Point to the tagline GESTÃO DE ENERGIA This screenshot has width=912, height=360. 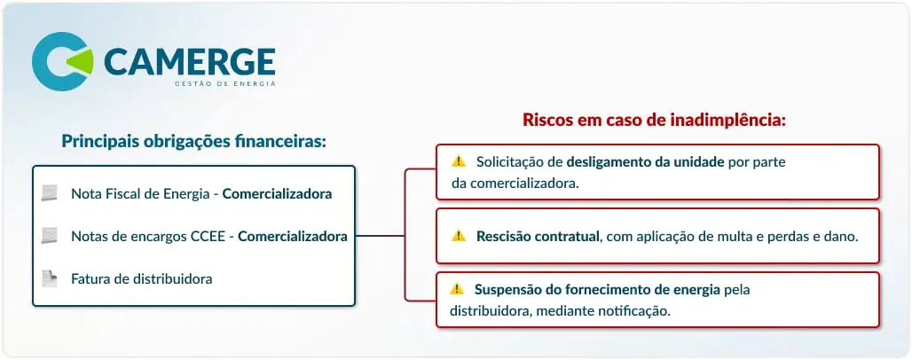[x=225, y=83]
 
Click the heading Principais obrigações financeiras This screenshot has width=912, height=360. [x=193, y=141]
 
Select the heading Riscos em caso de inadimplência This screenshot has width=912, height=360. [x=655, y=121]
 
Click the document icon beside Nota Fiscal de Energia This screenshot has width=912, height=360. [x=50, y=193]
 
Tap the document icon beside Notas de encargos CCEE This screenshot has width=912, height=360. [x=50, y=236]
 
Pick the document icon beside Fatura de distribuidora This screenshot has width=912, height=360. [x=50, y=278]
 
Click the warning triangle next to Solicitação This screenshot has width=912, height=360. [x=459, y=161]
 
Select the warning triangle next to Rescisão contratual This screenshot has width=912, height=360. [x=459, y=236]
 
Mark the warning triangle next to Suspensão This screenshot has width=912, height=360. [x=457, y=288]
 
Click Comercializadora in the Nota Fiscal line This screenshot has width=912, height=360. [x=277, y=193]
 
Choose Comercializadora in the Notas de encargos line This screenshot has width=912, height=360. [x=293, y=237]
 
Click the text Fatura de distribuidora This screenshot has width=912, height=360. [x=141, y=279]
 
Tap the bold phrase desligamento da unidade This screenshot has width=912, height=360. [x=645, y=161]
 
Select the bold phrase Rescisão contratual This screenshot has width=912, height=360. [x=538, y=237]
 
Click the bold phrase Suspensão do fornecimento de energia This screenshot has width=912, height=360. [x=597, y=290]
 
